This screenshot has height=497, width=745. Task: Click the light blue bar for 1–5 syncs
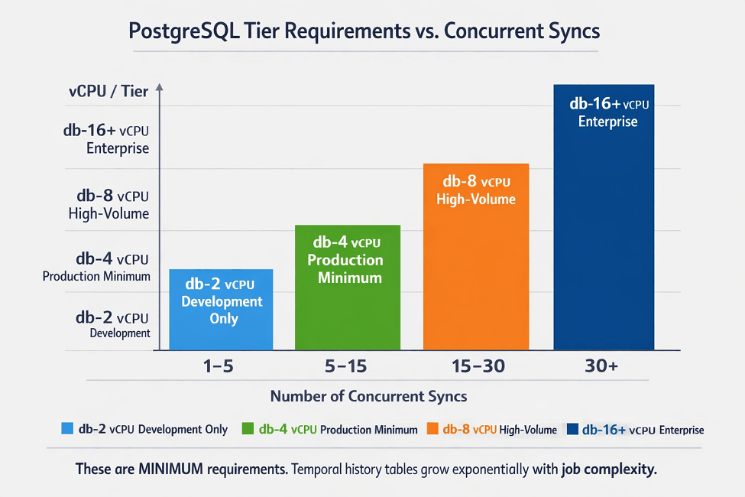tap(221, 310)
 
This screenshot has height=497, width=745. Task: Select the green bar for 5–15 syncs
tap(348, 287)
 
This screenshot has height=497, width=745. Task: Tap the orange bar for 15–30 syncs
tap(476, 257)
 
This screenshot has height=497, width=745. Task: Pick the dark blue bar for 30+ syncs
tap(604, 217)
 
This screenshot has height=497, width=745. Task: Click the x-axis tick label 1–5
tap(218, 366)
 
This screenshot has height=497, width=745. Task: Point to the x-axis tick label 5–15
tap(346, 366)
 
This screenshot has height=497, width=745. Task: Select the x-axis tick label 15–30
tap(478, 366)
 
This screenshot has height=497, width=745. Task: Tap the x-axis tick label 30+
tap(601, 365)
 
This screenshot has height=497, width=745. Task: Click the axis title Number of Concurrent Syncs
tap(369, 396)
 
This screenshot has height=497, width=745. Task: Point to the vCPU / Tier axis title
tap(109, 91)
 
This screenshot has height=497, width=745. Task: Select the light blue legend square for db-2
tap(67, 428)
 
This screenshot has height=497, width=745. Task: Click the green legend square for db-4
tap(248, 428)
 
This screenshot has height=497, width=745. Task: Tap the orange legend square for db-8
tap(432, 428)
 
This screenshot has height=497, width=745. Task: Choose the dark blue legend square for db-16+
tap(572, 429)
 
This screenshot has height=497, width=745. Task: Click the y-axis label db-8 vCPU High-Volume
tap(109, 204)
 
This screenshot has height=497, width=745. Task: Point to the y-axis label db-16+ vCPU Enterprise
tap(106, 139)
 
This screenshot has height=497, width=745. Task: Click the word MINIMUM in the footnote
tap(170, 469)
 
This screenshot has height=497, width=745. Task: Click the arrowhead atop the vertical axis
tap(160, 87)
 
